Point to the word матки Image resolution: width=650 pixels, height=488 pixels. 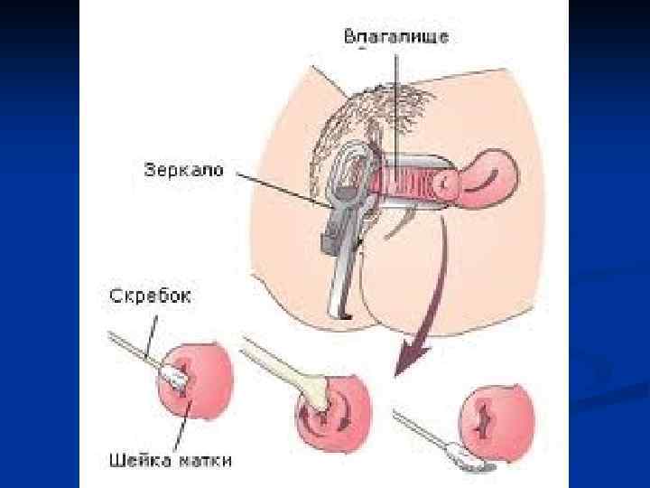[204, 460]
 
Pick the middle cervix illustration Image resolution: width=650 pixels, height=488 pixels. [324, 401]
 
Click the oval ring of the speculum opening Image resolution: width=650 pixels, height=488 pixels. [349, 172]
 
